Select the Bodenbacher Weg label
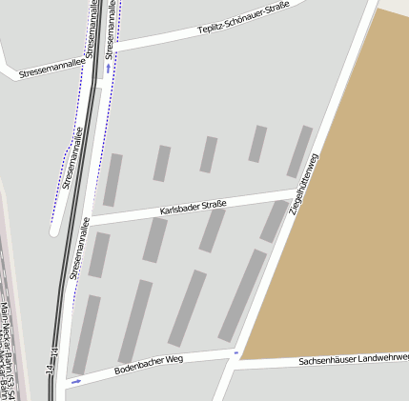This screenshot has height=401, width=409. pos(148,363)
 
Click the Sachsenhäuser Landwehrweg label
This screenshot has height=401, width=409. pos(353,360)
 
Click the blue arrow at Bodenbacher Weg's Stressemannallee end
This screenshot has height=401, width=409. pos(76,381)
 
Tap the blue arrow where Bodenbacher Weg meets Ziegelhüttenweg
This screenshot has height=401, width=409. pos(236,352)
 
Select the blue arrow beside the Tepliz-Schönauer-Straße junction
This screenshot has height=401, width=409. pos(109,68)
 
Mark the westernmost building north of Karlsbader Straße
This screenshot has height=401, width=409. pos(112,180)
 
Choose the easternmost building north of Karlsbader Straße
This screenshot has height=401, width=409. pos(299,151)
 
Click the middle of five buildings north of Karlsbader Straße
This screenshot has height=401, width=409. pos(209,154)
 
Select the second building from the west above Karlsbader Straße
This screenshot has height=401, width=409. pos(162,163)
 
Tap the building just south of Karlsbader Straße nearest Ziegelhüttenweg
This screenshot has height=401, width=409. pos(274,221)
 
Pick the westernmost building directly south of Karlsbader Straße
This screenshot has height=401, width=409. pos(99,254)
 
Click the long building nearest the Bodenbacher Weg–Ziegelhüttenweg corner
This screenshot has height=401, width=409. pos(242,296)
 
